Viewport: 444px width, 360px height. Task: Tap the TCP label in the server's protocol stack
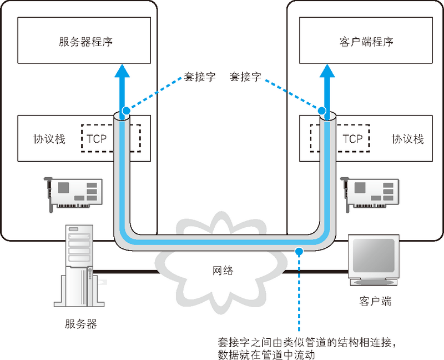coord(95,138)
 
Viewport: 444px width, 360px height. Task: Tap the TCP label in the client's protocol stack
coord(352,138)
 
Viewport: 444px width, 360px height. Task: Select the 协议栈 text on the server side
coord(49,139)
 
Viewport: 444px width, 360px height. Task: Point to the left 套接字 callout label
coord(199,77)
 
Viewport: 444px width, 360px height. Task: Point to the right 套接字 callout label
coord(245,77)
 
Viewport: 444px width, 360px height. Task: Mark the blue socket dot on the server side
coord(125,111)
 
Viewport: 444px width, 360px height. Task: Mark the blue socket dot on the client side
coord(325,111)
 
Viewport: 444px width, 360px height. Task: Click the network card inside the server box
coord(73,192)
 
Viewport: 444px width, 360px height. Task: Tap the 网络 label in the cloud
coord(223,271)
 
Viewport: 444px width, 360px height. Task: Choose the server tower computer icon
coord(77,267)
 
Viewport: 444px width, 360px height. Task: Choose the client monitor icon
coord(375,260)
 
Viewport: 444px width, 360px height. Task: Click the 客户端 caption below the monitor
coord(375,302)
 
